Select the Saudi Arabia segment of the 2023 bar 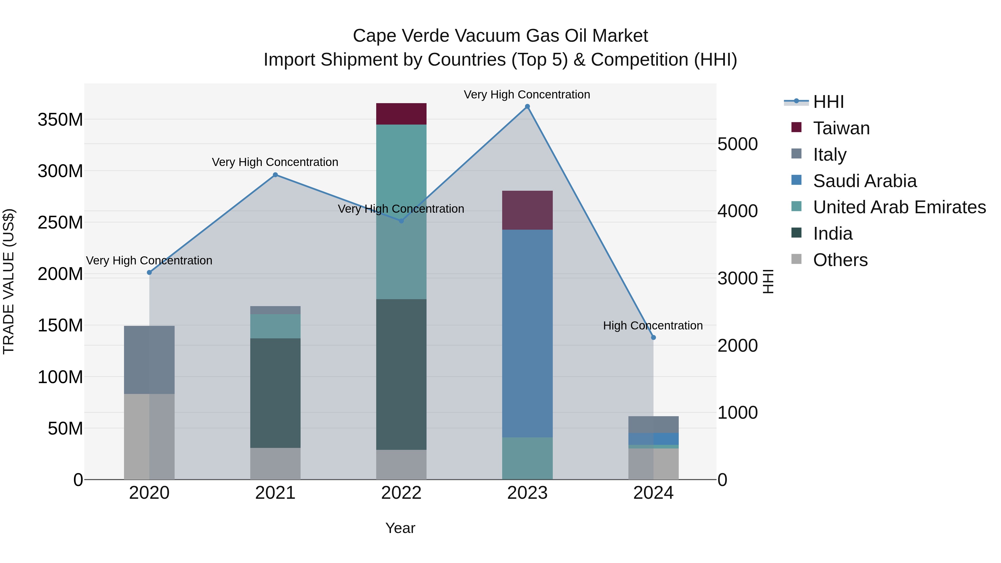[527, 333]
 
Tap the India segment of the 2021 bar [275, 393]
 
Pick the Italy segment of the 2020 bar [149, 360]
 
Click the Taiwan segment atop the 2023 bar [527, 210]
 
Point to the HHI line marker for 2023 [527, 106]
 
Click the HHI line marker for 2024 [653, 338]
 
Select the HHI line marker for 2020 [149, 272]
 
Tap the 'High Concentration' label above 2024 [653, 326]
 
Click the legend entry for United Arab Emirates [899, 207]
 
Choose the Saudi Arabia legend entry [864, 181]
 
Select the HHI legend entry [828, 102]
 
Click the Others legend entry [840, 260]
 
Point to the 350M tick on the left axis [60, 120]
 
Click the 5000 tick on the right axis [737, 144]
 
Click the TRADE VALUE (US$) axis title [9, 281]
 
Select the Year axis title [400, 528]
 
